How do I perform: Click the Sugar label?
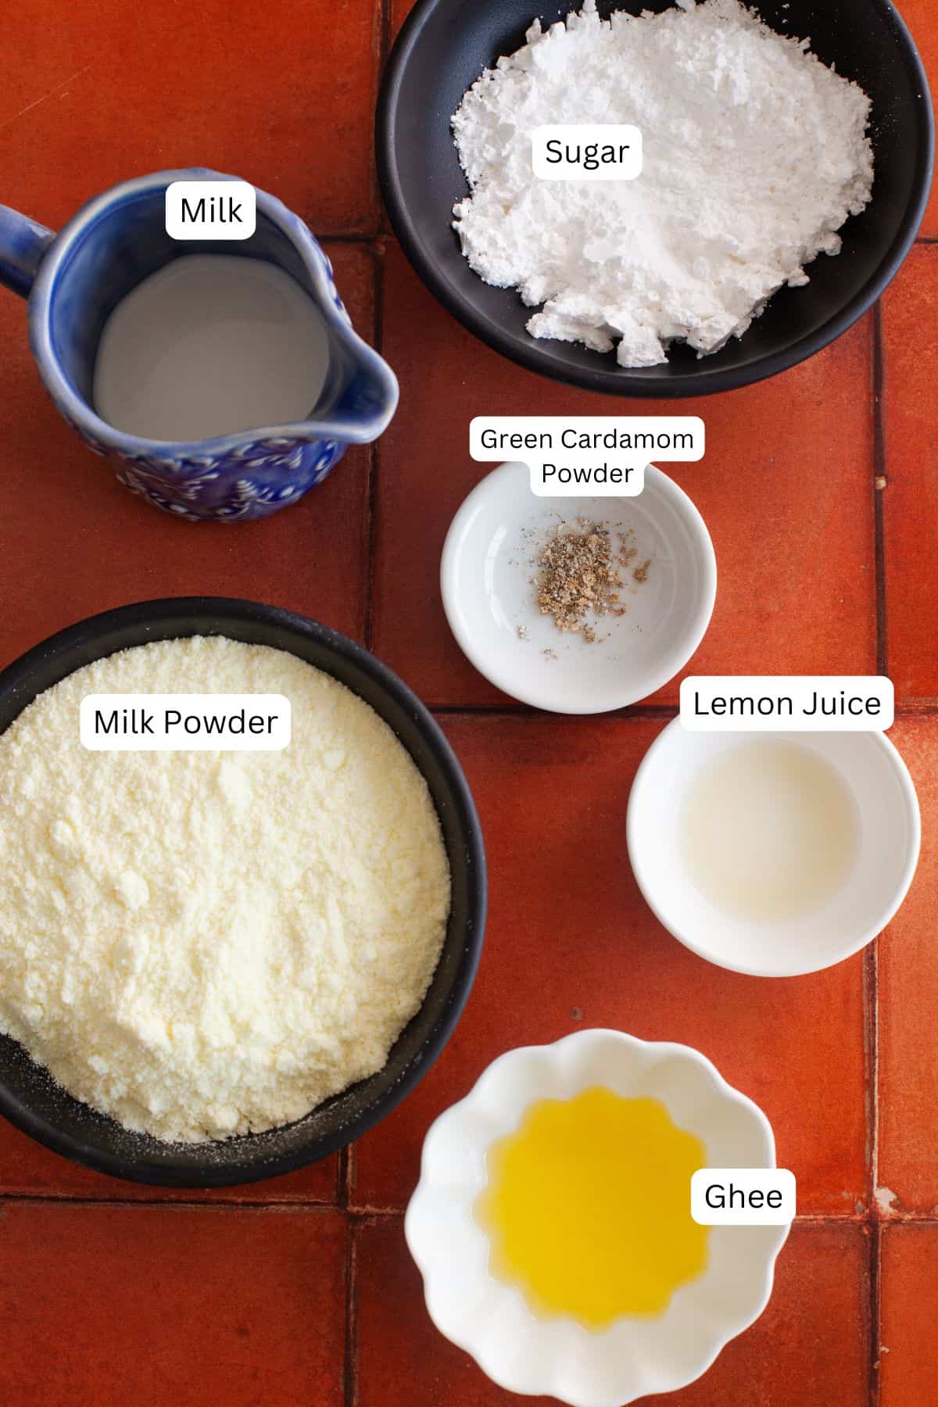[x=586, y=152]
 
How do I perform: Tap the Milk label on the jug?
[x=210, y=210]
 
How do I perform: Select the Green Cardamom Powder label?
[x=586, y=456]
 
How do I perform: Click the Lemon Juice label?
[x=786, y=703]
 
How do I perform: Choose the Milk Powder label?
[x=185, y=721]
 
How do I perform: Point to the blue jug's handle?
[x=20, y=242]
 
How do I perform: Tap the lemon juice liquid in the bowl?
[x=770, y=829]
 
